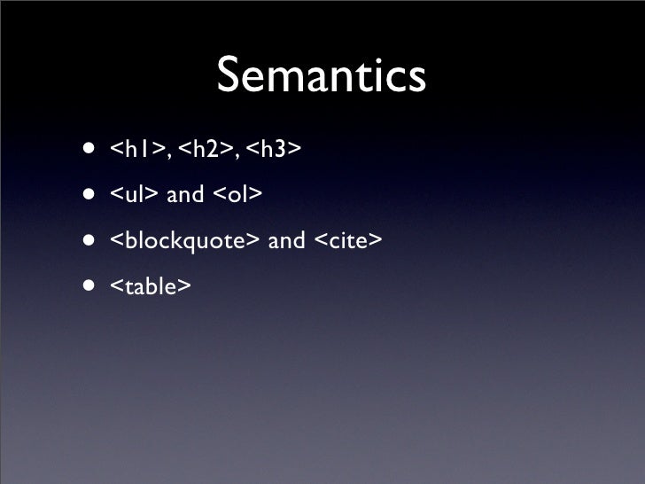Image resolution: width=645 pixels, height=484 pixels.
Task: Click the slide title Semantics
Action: click(x=321, y=78)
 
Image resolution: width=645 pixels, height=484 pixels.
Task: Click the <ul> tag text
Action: click(x=134, y=194)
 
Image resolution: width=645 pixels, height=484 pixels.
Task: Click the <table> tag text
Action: click(x=150, y=286)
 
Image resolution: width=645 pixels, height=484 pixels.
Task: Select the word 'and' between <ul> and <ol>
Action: click(x=184, y=194)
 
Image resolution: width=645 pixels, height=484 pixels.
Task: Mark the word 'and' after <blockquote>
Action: click(x=286, y=240)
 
